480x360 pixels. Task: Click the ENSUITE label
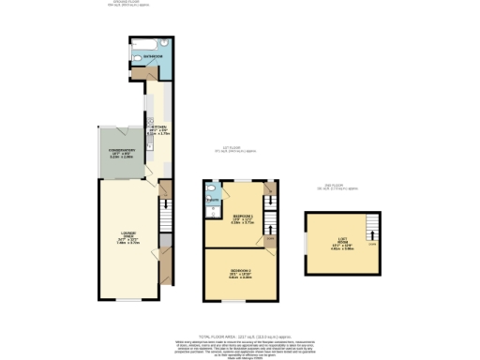(214, 200)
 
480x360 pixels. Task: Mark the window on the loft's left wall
(305, 244)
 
